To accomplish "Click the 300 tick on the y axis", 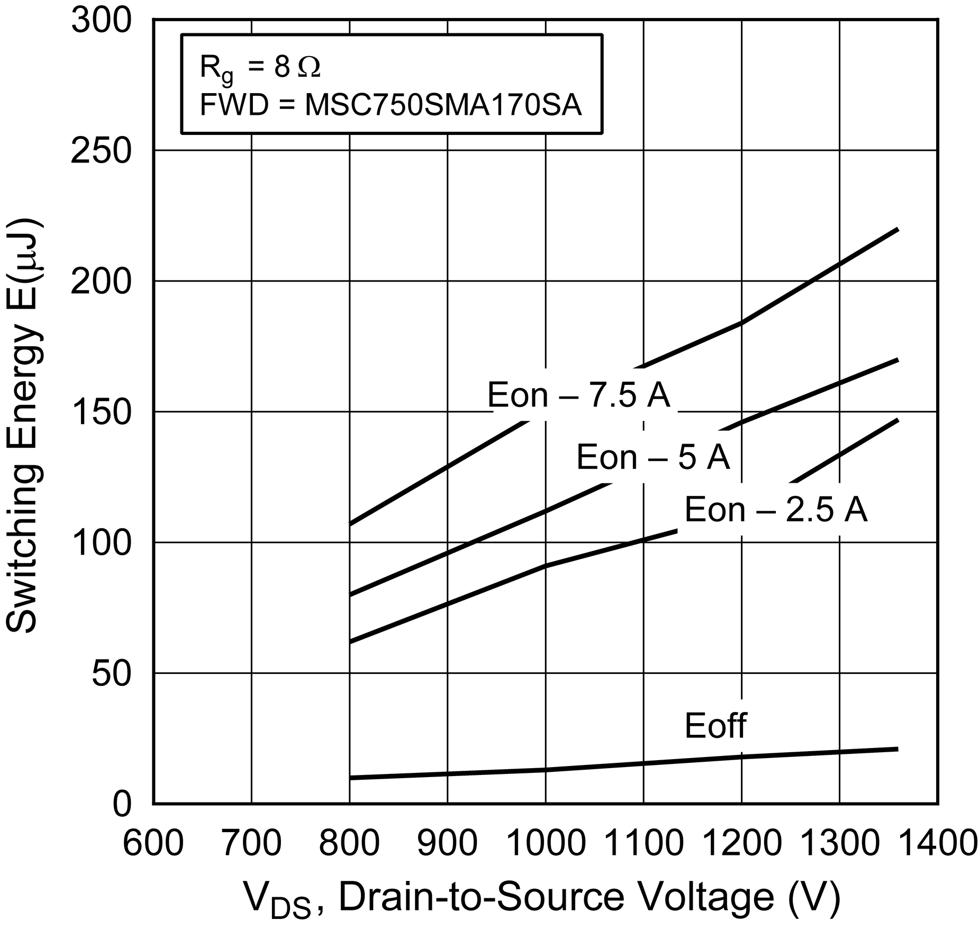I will coord(101,22).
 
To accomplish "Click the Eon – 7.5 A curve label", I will coord(578,395).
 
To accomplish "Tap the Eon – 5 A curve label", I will coord(653,457).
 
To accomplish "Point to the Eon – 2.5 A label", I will coord(776,510).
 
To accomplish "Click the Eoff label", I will coord(715,726).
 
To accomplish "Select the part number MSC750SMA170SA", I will coord(443,105).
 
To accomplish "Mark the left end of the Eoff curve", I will coord(350,778).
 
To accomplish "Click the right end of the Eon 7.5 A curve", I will coord(898,229).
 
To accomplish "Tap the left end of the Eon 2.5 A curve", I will coord(350,642).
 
